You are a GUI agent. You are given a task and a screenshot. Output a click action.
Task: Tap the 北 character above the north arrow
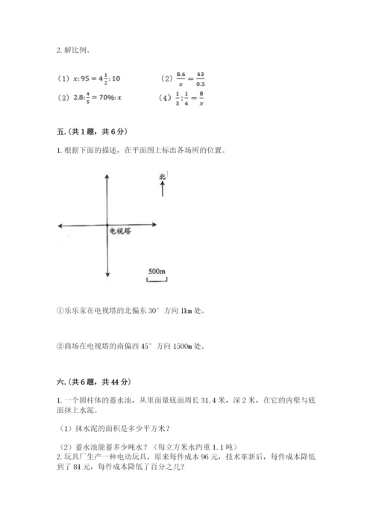pos(162,177)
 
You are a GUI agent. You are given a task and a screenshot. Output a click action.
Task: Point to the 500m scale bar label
pos(157,270)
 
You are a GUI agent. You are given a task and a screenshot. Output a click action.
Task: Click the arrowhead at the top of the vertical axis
pos(109,175)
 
